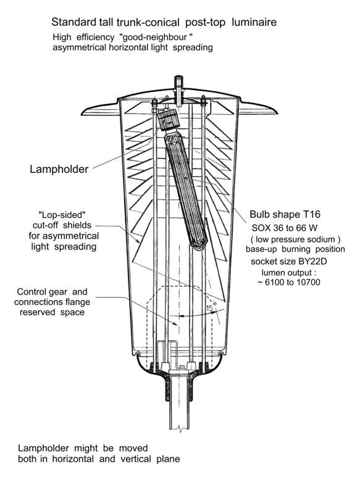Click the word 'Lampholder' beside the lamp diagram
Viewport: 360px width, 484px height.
pos(59,169)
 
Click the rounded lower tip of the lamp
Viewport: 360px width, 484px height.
pos(198,245)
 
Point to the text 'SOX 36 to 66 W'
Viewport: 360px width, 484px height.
pos(284,228)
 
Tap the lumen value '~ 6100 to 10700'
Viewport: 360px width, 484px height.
pos(289,282)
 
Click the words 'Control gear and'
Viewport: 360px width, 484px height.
pos(52,291)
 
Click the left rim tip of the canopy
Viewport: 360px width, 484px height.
pos(83,113)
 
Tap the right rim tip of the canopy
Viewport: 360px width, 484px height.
pos(276,112)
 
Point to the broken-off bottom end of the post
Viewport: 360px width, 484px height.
pos(179,429)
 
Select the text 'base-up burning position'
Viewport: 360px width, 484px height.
pos(295,249)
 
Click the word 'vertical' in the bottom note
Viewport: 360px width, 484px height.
pos(137,459)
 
